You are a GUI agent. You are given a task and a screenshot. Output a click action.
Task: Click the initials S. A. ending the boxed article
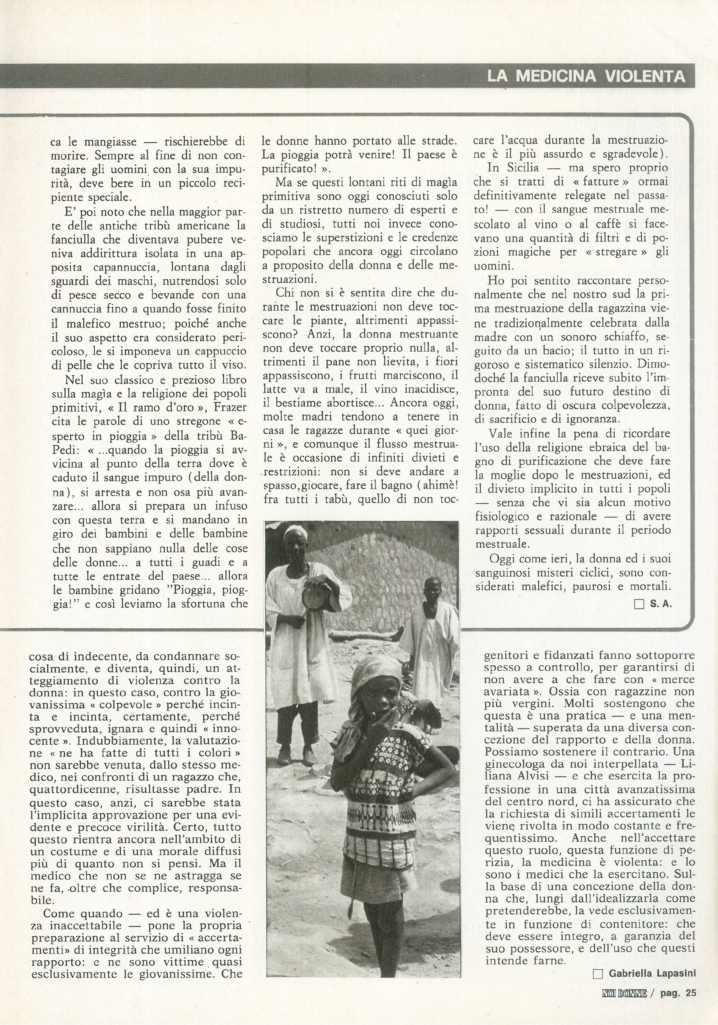[661, 605]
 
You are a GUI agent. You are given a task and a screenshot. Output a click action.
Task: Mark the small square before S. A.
[639, 605]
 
